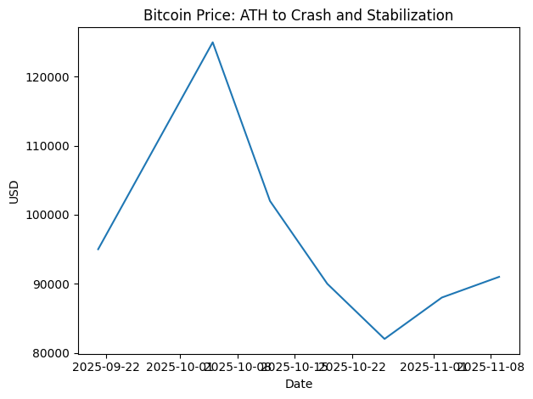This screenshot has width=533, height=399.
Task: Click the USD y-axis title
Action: pyautogui.click(x=14, y=191)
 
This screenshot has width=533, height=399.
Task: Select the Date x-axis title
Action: pyautogui.click(x=299, y=385)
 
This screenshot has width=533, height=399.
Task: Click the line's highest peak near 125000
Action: pyautogui.click(x=212, y=42)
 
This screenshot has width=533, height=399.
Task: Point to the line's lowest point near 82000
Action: pyautogui.click(x=384, y=339)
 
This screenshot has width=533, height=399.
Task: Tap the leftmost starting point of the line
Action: pyautogui.click(x=98, y=249)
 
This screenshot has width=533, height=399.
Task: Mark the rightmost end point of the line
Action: pyautogui.click(x=499, y=277)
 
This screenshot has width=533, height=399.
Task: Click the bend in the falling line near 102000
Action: pyautogui.click(x=270, y=201)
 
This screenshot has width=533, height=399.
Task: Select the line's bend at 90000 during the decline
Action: pyautogui.click(x=327, y=284)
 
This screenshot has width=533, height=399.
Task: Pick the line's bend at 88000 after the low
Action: pyautogui.click(x=442, y=298)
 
